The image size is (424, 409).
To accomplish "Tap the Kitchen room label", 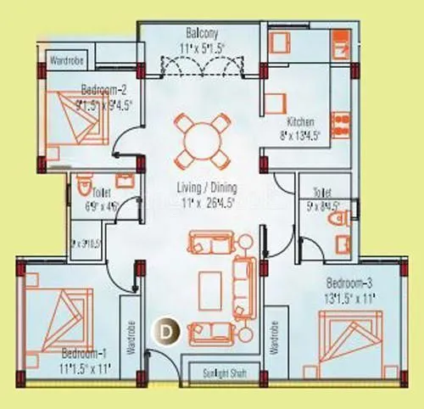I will (x=302, y=121).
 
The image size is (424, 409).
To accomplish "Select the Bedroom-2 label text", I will (x=104, y=88).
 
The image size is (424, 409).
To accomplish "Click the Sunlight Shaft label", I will (x=214, y=372).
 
